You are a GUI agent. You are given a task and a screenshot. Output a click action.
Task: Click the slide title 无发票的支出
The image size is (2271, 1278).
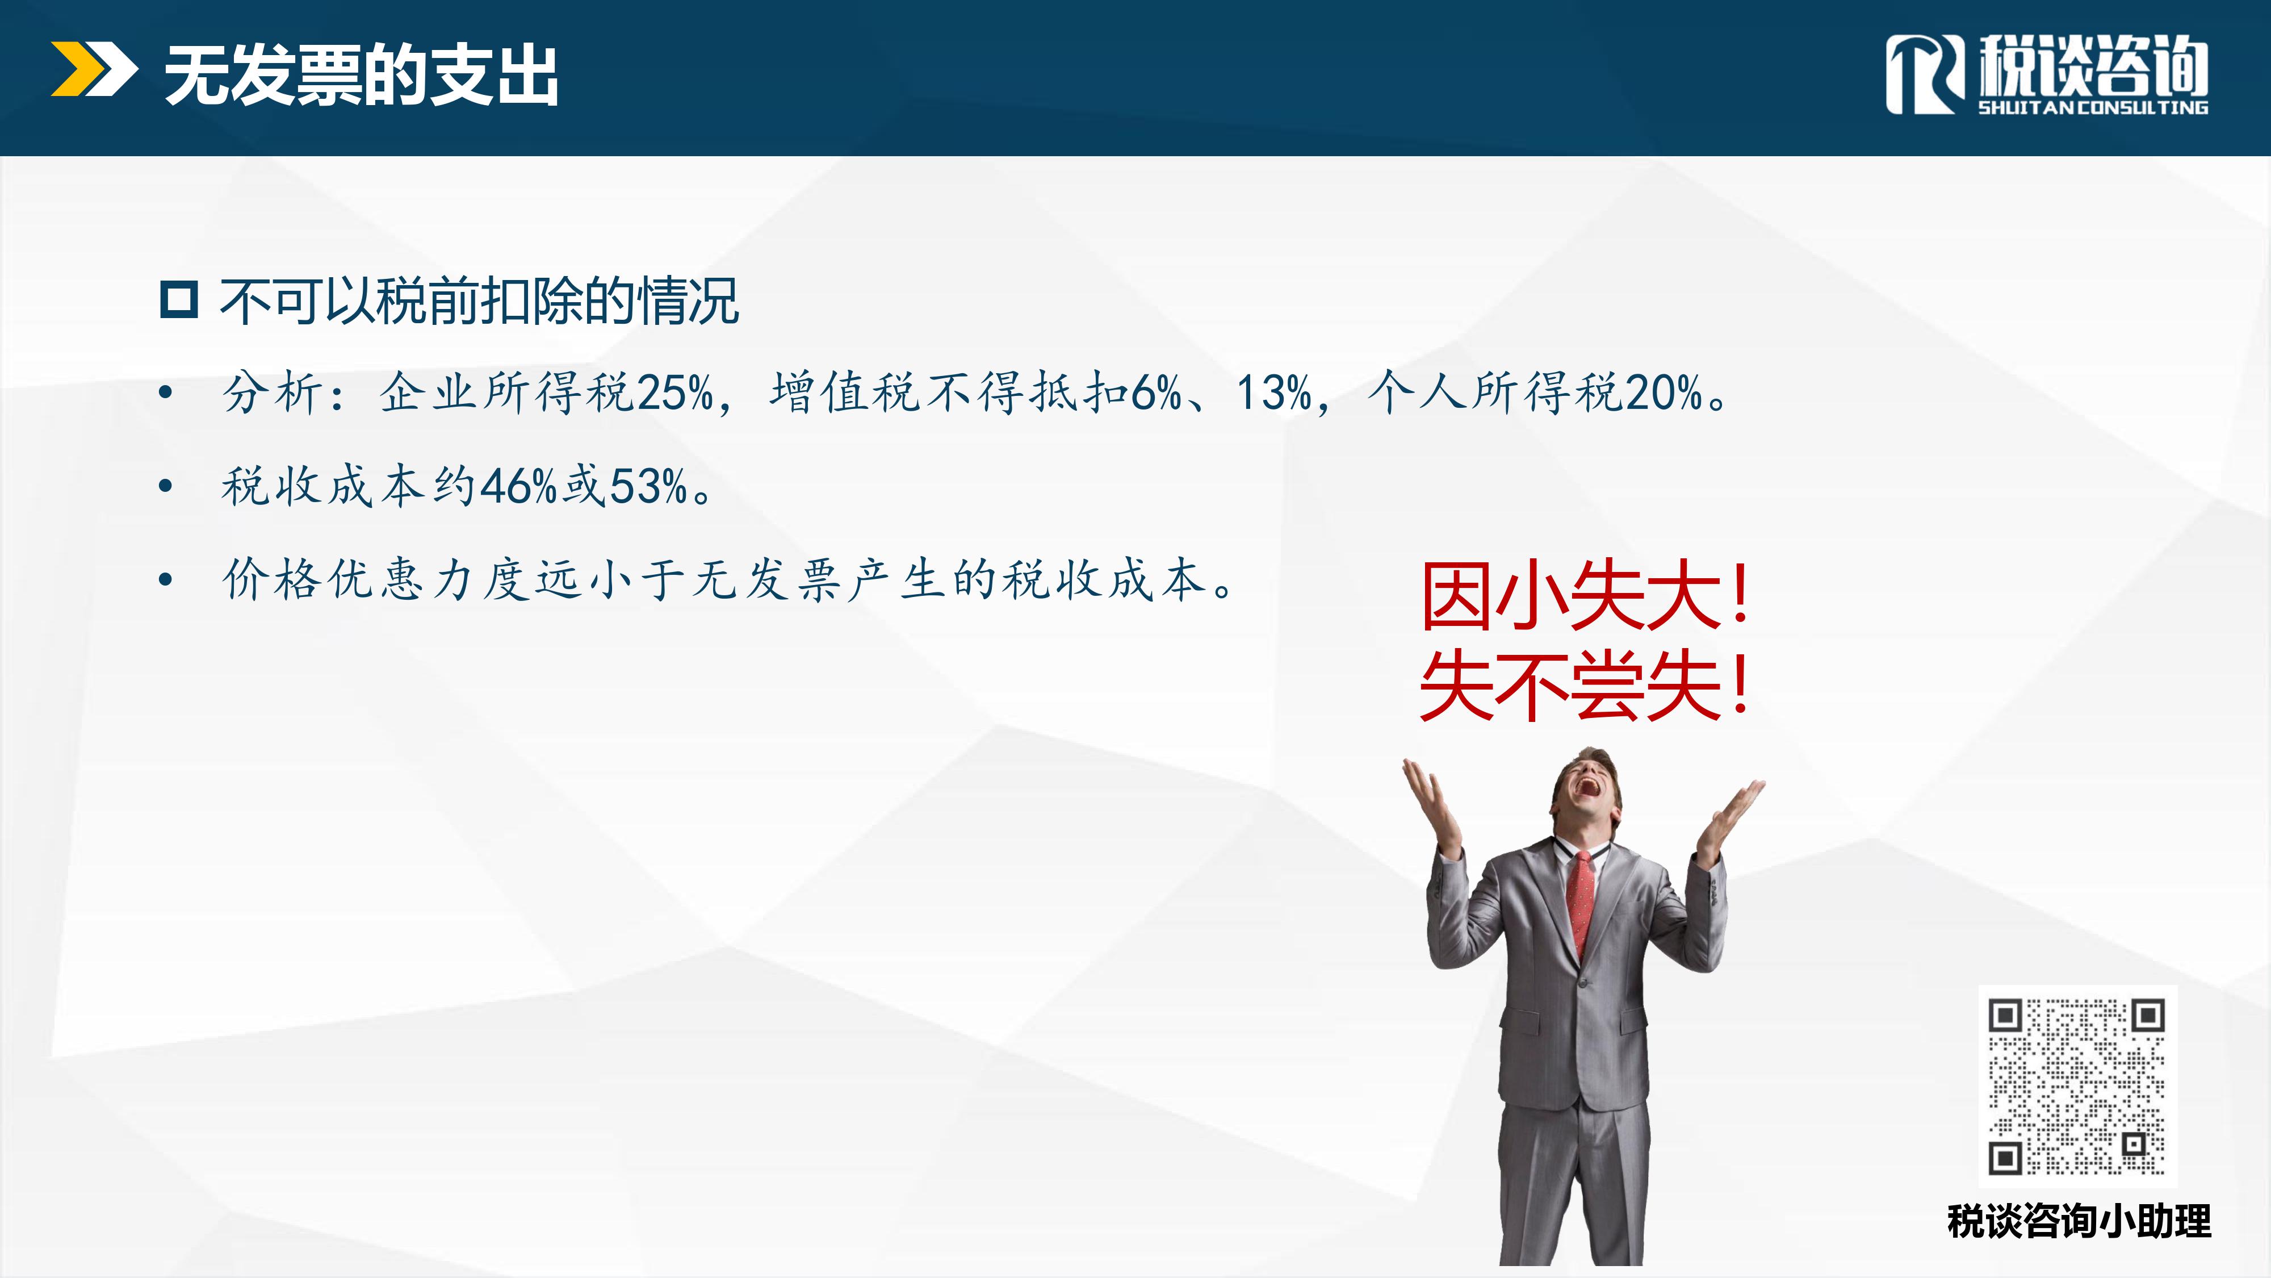(x=362, y=76)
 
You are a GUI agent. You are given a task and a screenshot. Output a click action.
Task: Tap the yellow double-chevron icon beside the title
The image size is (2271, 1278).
(x=94, y=69)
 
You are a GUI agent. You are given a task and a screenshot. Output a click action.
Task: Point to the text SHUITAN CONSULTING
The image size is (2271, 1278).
(x=2093, y=107)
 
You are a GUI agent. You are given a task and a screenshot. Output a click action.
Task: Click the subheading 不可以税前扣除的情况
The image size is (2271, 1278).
(x=479, y=301)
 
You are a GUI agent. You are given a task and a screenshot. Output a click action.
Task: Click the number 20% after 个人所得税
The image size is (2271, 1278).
(x=1663, y=392)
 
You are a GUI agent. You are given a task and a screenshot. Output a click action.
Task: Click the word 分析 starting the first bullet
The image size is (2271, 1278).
(x=273, y=392)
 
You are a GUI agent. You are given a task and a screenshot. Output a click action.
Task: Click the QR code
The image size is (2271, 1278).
(x=2077, y=1085)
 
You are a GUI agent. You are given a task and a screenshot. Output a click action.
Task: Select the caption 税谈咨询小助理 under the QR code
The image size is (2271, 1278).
(x=2079, y=1222)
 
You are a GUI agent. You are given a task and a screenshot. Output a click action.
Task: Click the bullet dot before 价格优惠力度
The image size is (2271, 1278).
(x=165, y=579)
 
